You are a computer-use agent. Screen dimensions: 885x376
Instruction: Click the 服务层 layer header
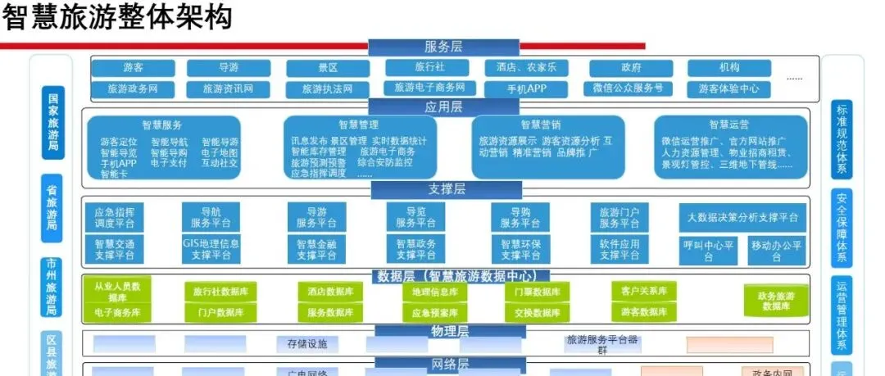pyautogui.click(x=443, y=47)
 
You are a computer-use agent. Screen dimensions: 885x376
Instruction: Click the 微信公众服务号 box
pyautogui.click(x=628, y=88)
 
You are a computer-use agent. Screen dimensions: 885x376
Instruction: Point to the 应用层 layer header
pyautogui.click(x=443, y=107)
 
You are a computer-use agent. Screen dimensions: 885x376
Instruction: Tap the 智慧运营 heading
pyautogui.click(x=728, y=125)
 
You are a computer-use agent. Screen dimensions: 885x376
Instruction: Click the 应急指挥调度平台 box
pyautogui.click(x=115, y=216)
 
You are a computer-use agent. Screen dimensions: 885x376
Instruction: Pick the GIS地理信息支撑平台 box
pyautogui.click(x=211, y=249)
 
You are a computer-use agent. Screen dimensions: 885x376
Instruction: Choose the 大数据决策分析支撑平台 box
pyautogui.click(x=742, y=217)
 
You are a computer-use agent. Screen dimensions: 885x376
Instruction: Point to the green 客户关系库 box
pyautogui.click(x=639, y=291)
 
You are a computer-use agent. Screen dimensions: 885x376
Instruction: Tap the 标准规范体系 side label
pyautogui.click(x=841, y=139)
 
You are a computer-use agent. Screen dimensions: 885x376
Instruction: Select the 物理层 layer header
pyautogui.click(x=449, y=331)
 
